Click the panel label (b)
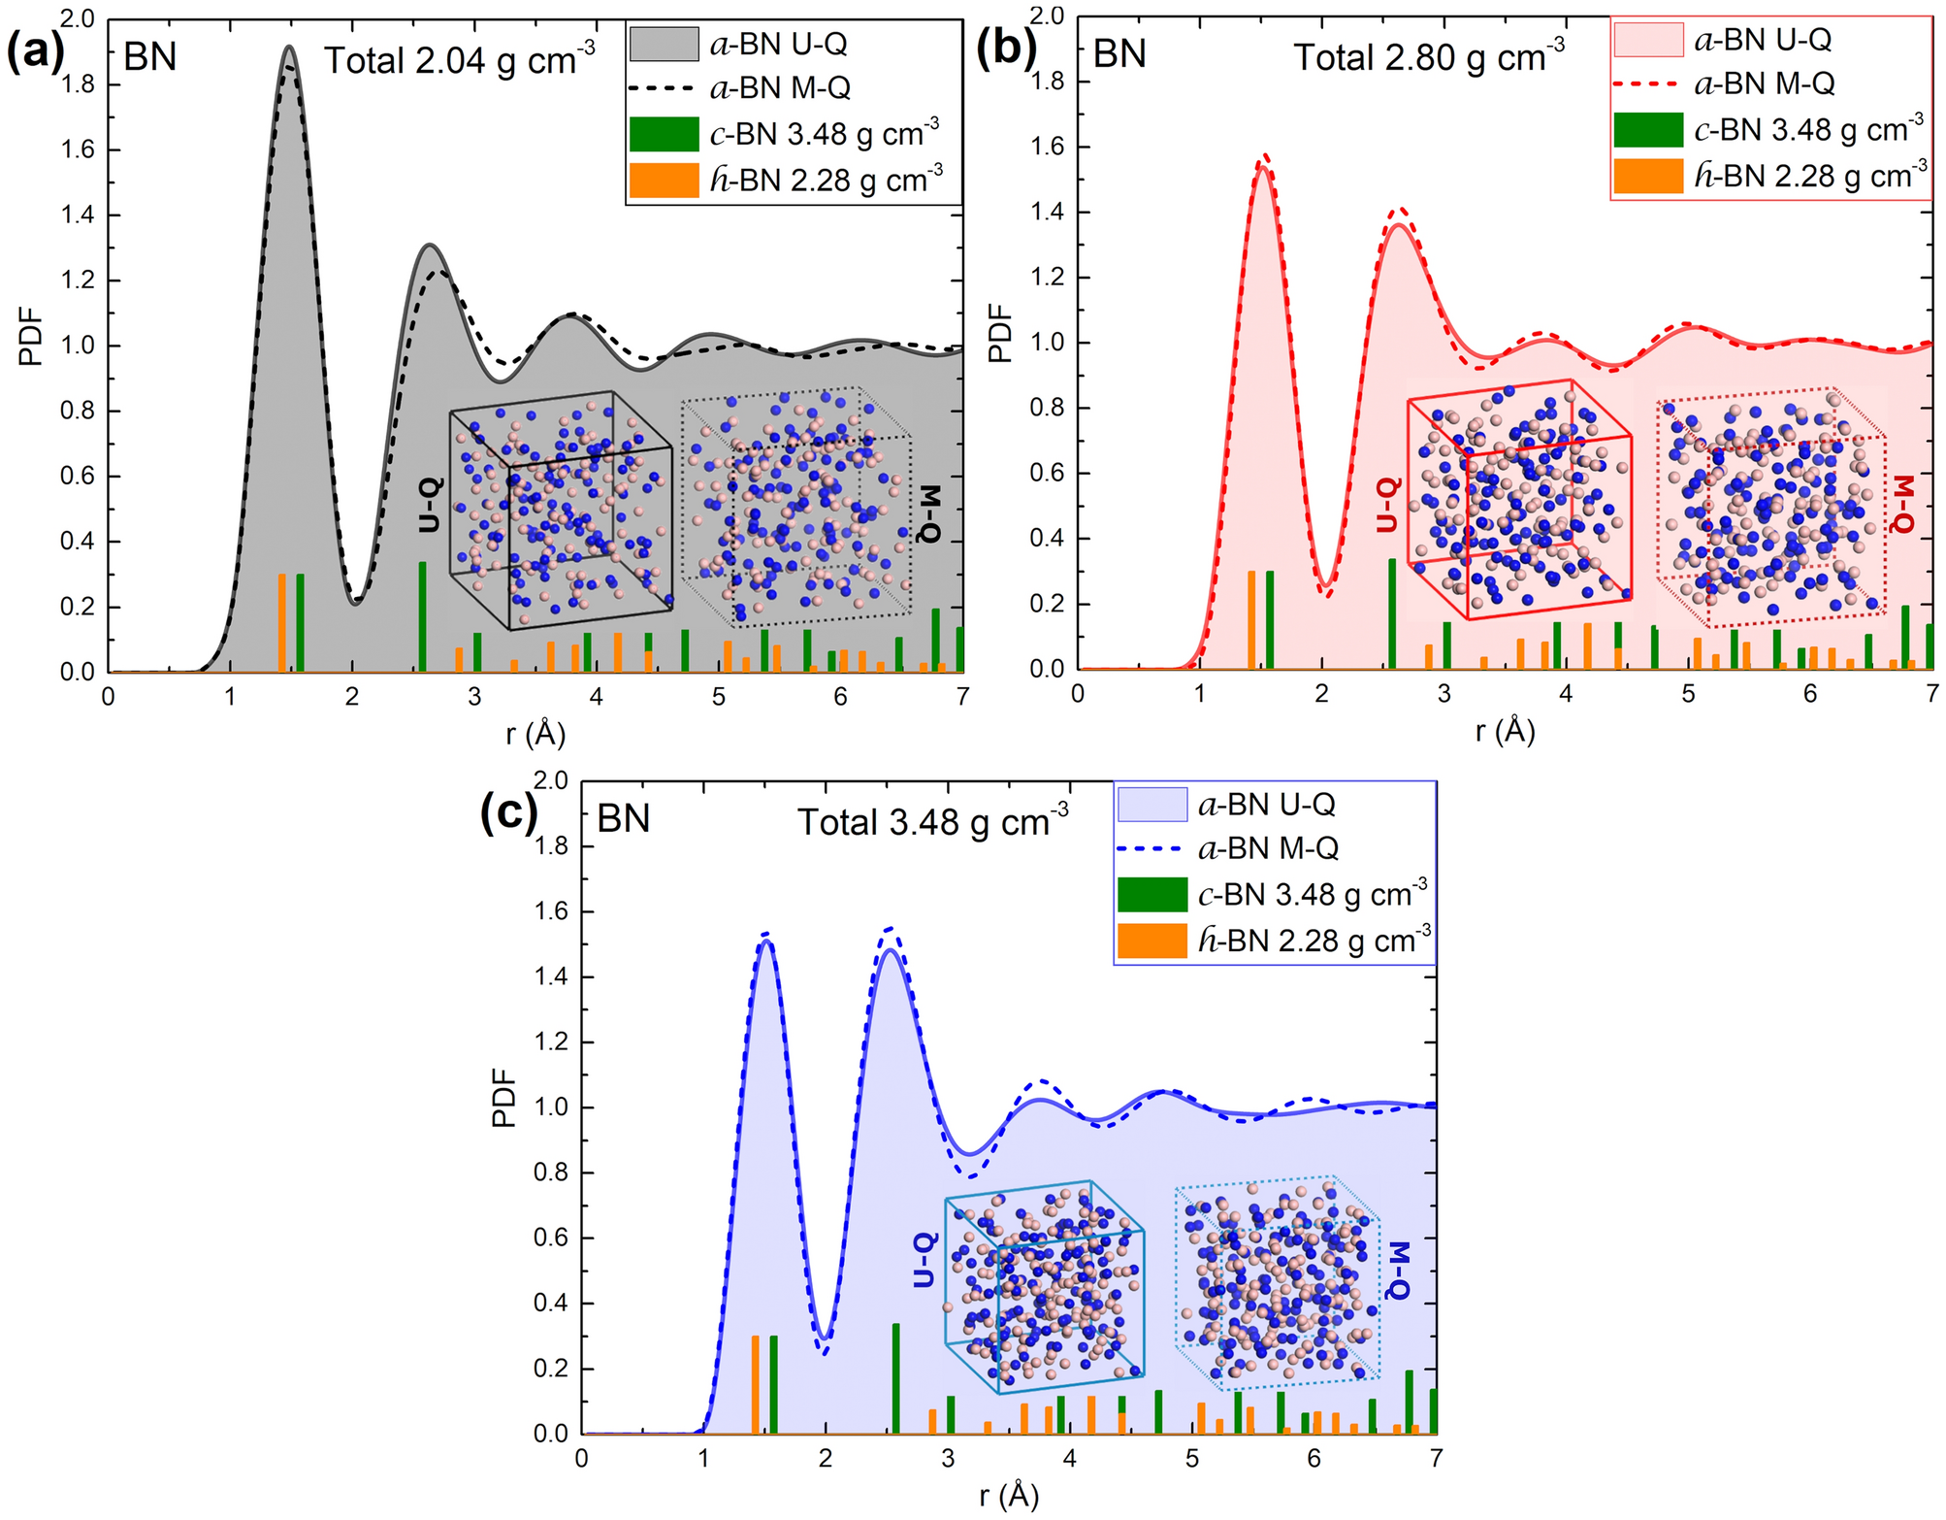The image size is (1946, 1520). tap(1006, 48)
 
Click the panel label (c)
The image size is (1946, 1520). tap(508, 813)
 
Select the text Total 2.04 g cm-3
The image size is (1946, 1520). tap(459, 60)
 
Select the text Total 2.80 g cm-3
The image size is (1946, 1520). tap(1428, 57)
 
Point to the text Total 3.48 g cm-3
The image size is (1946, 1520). tap(932, 821)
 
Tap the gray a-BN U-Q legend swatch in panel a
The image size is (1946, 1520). tap(664, 44)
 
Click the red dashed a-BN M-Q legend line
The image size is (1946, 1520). tap(1647, 84)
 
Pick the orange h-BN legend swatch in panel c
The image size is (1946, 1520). tap(1151, 941)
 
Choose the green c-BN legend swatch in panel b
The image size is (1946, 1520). tap(1647, 130)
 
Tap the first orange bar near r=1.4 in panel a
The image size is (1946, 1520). tap(282, 622)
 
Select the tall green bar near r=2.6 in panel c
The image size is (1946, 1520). tap(895, 1377)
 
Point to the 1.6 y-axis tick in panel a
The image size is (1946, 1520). tap(79, 149)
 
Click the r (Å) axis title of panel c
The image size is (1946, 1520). tap(1009, 1496)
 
